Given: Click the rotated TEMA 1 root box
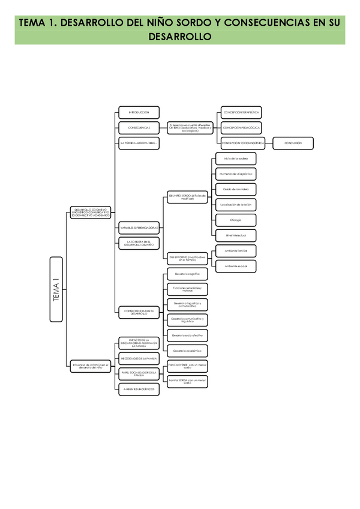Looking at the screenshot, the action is [x=56, y=291].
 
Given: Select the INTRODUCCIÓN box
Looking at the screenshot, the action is [x=139, y=112].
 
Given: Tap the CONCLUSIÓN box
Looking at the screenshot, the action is [x=293, y=143].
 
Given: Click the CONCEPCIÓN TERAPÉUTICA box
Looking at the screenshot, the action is [x=241, y=112].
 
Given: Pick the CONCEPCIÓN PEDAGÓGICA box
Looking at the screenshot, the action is [x=241, y=127].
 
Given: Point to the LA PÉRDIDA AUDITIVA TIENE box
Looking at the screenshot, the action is [x=139, y=143].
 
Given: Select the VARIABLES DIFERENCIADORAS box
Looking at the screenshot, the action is [x=139, y=228].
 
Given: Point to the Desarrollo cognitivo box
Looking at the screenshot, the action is [x=187, y=274].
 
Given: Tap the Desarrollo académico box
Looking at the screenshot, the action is [x=187, y=350].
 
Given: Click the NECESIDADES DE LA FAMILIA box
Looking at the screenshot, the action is [x=139, y=358].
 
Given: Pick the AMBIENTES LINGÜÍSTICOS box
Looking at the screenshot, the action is [x=139, y=389].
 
